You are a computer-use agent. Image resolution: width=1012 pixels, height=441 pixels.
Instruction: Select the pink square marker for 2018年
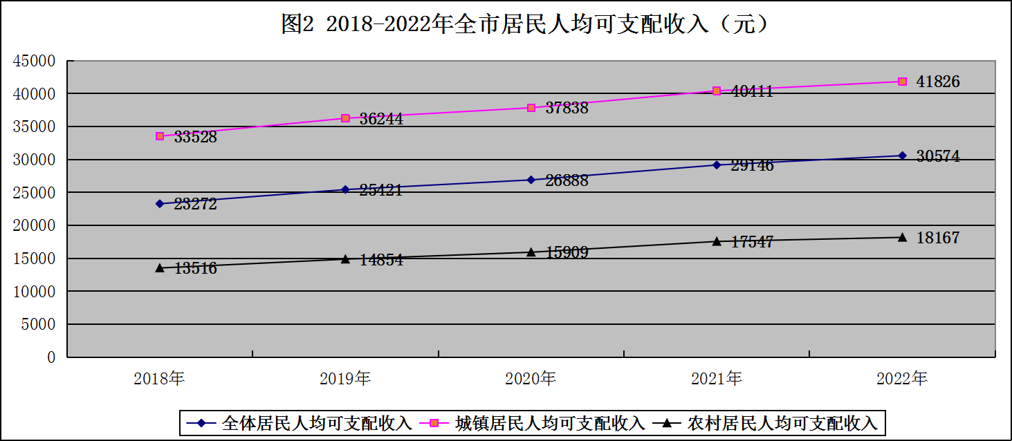pos(160,136)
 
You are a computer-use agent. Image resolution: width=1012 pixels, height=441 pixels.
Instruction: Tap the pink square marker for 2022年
pos(902,82)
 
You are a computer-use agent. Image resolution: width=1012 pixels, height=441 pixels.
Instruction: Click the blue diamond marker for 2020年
pos(531,180)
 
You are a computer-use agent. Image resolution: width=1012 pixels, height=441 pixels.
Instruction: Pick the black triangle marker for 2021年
pos(717,241)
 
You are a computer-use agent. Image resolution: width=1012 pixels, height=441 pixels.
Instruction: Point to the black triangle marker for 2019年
pos(345,259)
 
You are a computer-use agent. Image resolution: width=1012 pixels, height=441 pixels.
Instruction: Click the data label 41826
pos(937,82)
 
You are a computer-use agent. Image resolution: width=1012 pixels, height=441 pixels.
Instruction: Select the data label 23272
pos(195,205)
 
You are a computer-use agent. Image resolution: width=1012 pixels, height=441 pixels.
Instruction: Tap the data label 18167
pos(937,238)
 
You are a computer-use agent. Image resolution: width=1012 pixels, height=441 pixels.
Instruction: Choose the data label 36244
pos(381,119)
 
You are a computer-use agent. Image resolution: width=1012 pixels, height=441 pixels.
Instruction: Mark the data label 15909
pos(567,253)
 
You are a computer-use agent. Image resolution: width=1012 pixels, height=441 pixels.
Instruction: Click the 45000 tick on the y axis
pos(34,61)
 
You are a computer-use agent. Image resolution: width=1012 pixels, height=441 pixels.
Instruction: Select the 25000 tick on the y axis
pos(34,193)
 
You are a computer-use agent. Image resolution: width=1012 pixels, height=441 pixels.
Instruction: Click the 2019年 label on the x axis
pos(345,379)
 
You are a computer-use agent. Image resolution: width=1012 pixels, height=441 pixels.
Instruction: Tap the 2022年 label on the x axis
pos(902,379)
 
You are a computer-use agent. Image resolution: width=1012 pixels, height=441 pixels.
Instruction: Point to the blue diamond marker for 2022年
pos(902,156)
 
